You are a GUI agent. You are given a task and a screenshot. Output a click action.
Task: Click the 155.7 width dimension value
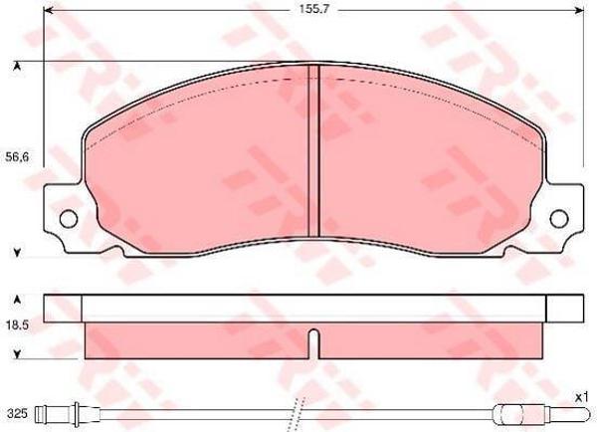313,9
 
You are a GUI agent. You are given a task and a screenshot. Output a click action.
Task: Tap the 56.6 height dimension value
17,156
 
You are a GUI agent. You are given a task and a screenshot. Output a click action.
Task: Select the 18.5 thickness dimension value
18,325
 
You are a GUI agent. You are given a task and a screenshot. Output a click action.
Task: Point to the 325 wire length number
17,414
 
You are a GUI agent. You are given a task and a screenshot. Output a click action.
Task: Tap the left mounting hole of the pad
69,219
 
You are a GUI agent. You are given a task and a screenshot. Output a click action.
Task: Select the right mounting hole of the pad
559,219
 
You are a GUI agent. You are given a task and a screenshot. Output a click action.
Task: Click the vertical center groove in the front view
313,150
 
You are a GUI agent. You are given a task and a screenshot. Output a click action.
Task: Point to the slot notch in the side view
313,343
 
